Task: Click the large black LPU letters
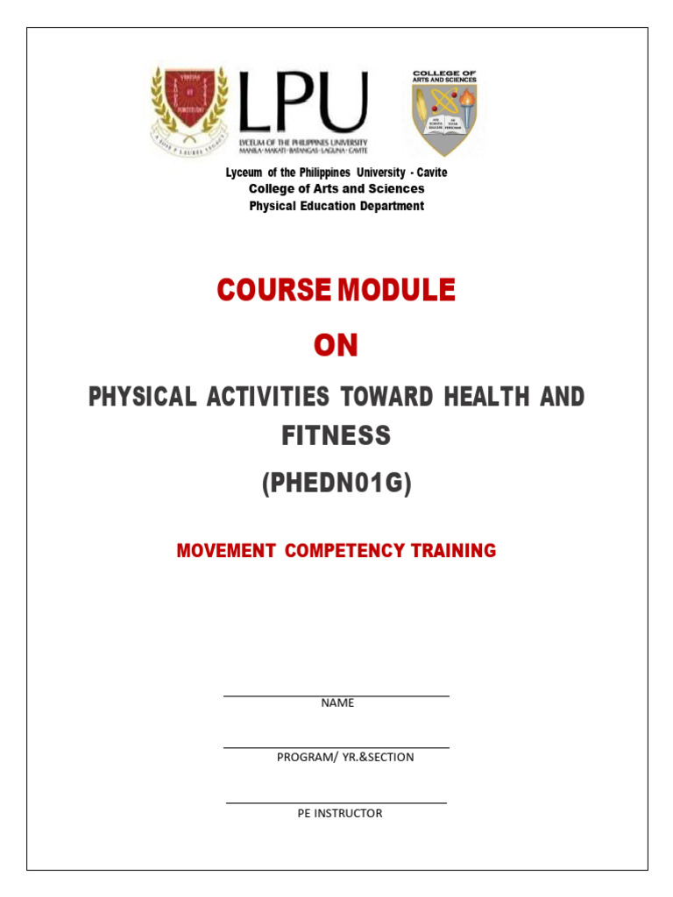click(x=303, y=102)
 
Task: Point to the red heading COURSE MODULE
click(x=336, y=290)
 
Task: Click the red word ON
click(x=336, y=346)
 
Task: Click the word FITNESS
click(x=336, y=435)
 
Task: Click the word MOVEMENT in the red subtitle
click(x=227, y=551)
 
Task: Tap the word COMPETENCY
click(x=345, y=551)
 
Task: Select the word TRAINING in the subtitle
click(x=453, y=551)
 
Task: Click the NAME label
click(x=337, y=703)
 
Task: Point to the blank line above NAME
click(x=336, y=696)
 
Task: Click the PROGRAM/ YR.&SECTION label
click(x=345, y=757)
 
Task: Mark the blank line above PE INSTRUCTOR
click(x=336, y=802)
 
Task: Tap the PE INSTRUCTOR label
click(x=340, y=813)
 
